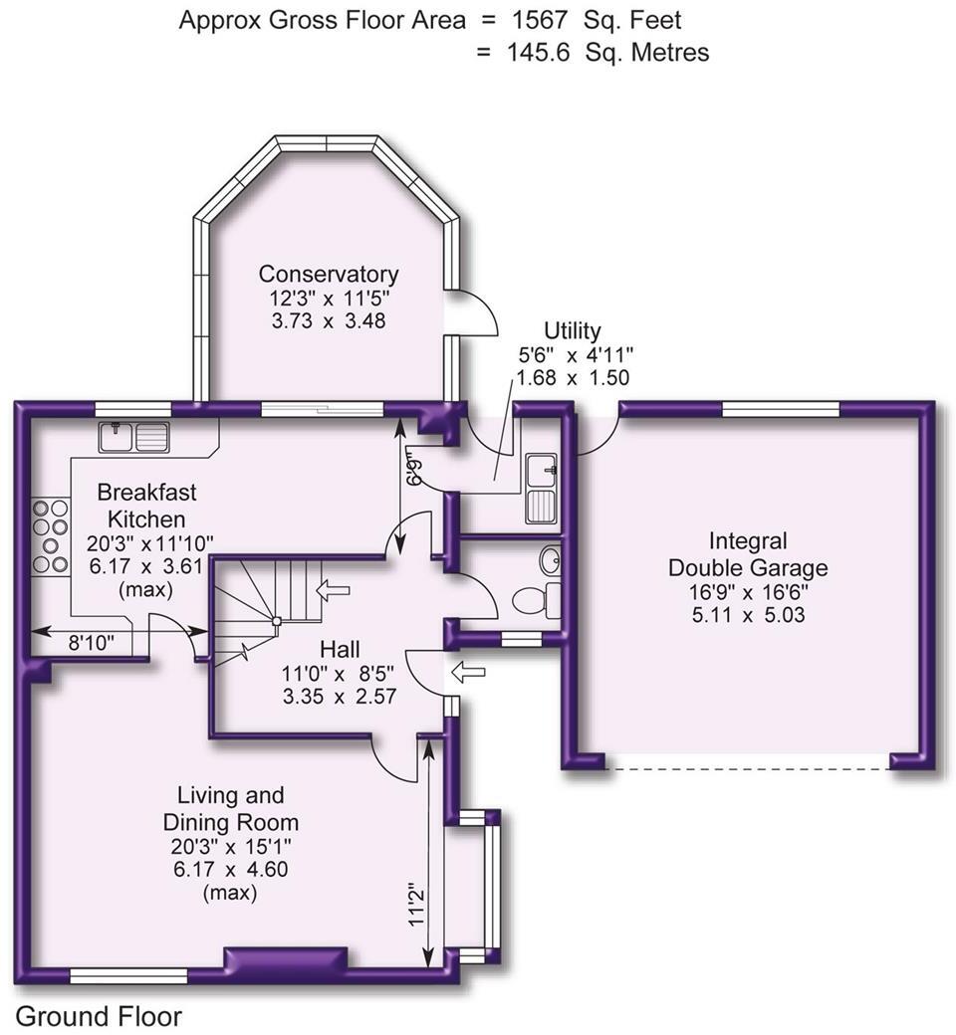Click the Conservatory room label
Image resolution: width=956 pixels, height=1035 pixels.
[x=329, y=274]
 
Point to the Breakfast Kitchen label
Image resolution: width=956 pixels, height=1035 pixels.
[x=146, y=506]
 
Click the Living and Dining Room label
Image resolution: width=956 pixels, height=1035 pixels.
[x=230, y=809]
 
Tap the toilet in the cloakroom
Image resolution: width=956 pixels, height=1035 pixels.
[x=533, y=600]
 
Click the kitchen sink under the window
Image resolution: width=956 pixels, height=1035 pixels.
[x=135, y=435]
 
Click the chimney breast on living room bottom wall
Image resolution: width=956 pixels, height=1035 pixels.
[x=287, y=959]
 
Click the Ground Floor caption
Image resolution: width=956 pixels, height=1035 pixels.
[x=100, y=1016]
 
